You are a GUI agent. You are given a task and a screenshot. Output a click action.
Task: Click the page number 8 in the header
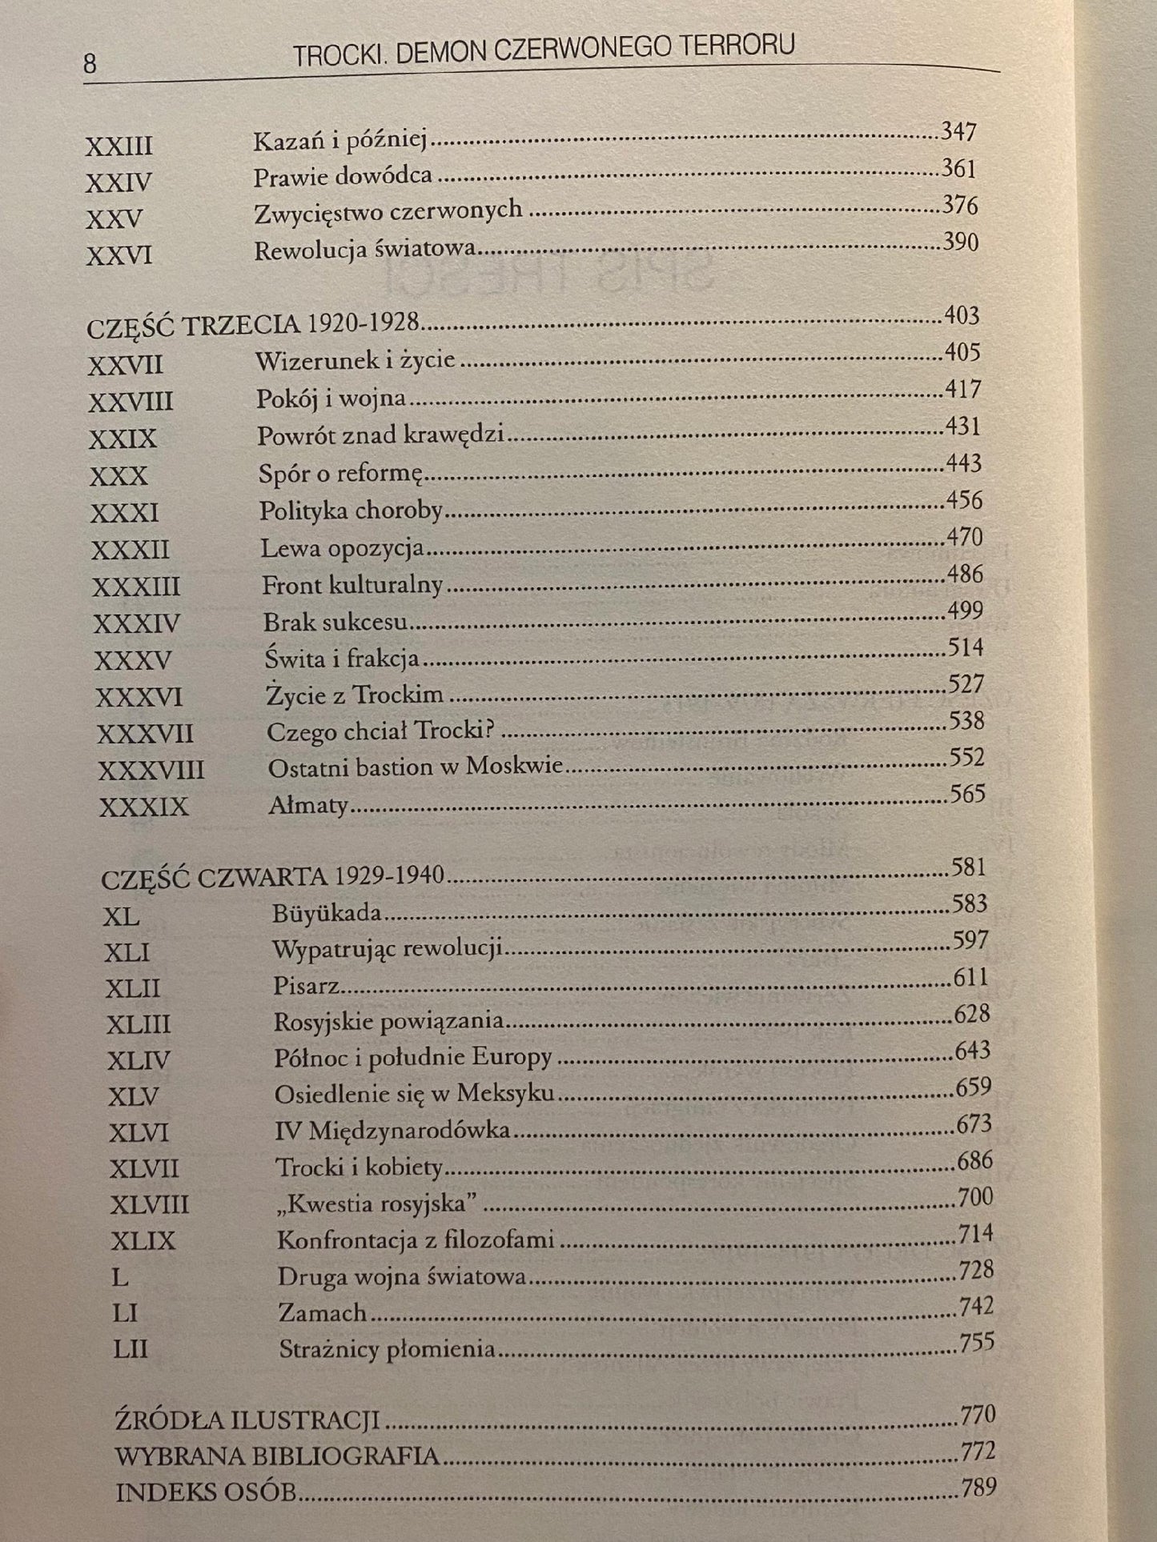pos(90,64)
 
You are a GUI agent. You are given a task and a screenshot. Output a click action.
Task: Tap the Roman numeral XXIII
pos(119,146)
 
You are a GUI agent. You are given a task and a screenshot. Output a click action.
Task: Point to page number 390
pos(960,242)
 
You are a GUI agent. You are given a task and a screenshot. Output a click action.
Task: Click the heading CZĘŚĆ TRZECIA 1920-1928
pos(253,325)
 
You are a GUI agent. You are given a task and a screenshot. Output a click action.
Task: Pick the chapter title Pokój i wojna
pos(331,398)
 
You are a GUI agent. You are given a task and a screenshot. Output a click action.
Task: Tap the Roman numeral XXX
pos(119,476)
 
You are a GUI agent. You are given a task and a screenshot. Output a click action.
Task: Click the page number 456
pos(963,501)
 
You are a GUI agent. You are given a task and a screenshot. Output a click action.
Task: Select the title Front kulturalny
pos(352,585)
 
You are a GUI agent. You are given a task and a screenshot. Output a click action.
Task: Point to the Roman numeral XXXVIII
pos(151,771)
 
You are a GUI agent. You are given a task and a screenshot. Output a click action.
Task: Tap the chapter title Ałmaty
pos(308,805)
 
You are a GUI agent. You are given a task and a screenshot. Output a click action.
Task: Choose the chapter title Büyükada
pos(327,913)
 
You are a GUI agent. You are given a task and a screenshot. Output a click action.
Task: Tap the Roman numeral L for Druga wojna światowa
pos(120,1277)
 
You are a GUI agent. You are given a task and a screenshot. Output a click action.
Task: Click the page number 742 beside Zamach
pos(976,1306)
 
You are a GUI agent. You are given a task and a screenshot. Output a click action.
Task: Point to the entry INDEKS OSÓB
pos(206,1493)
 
